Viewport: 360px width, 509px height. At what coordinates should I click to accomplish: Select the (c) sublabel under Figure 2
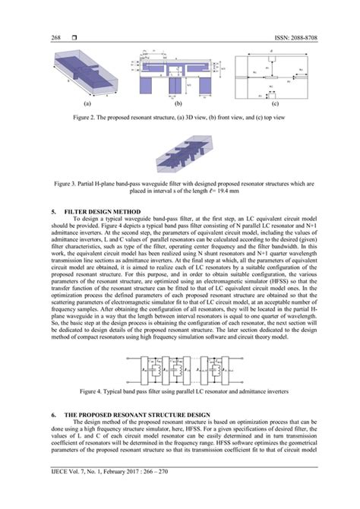pos(274,104)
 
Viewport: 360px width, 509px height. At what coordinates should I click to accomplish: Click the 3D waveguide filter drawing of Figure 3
pos(179,156)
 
